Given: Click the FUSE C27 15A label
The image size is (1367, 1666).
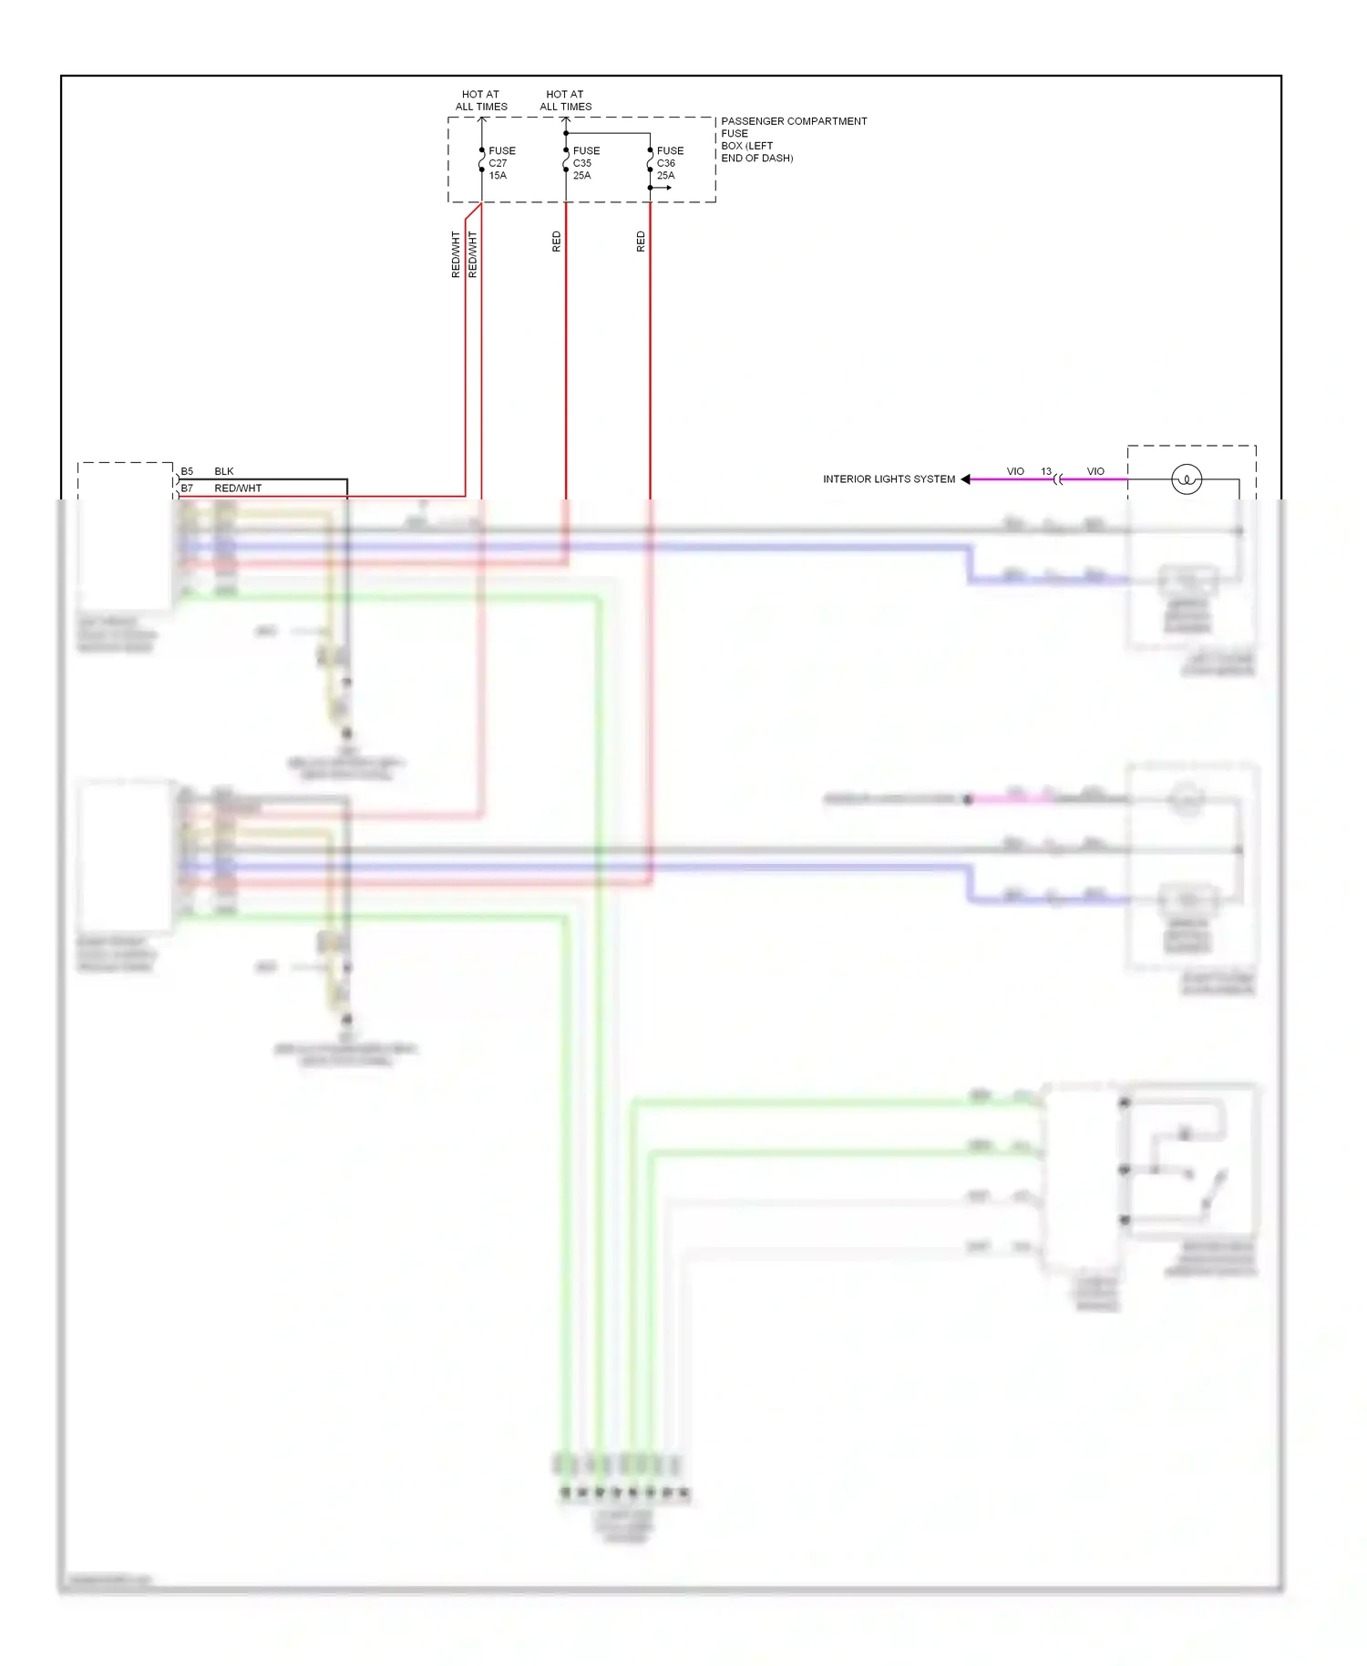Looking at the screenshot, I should pyautogui.click(x=501, y=163).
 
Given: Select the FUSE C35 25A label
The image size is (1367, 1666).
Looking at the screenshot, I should pyautogui.click(x=585, y=163).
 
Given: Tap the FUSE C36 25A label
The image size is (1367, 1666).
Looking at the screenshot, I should pyautogui.click(x=669, y=163).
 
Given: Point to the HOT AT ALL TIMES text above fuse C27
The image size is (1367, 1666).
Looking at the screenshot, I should pyautogui.click(x=481, y=100).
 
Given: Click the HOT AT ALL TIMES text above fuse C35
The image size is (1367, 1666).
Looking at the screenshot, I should pyautogui.click(x=565, y=100).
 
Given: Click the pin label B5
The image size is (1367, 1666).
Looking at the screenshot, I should pyautogui.click(x=187, y=471).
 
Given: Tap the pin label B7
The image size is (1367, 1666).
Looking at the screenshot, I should pyautogui.click(x=187, y=488).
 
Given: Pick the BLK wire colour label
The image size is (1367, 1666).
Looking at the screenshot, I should pyautogui.click(x=224, y=471).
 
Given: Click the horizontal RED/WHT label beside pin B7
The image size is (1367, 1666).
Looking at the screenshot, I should pyautogui.click(x=238, y=488).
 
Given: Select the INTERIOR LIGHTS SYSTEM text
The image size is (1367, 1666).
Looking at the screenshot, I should pyautogui.click(x=889, y=479).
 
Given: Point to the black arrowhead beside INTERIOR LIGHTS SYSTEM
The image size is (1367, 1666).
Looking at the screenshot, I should pyautogui.click(x=966, y=479).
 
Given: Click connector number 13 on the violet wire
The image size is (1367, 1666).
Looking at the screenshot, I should pyautogui.click(x=1046, y=471).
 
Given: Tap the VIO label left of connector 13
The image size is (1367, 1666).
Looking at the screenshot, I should pyautogui.click(x=1015, y=471).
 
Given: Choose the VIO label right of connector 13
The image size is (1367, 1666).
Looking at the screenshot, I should pyautogui.click(x=1095, y=471).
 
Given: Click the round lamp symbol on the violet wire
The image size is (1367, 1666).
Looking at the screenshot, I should pyautogui.click(x=1187, y=479).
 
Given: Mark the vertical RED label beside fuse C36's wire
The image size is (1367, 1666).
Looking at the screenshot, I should pyautogui.click(x=641, y=242).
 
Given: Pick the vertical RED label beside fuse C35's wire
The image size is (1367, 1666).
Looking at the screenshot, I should pyautogui.click(x=557, y=242).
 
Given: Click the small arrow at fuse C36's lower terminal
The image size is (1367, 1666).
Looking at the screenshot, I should pyautogui.click(x=665, y=188).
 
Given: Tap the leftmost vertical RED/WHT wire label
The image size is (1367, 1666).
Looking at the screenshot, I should pyautogui.click(x=456, y=254).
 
